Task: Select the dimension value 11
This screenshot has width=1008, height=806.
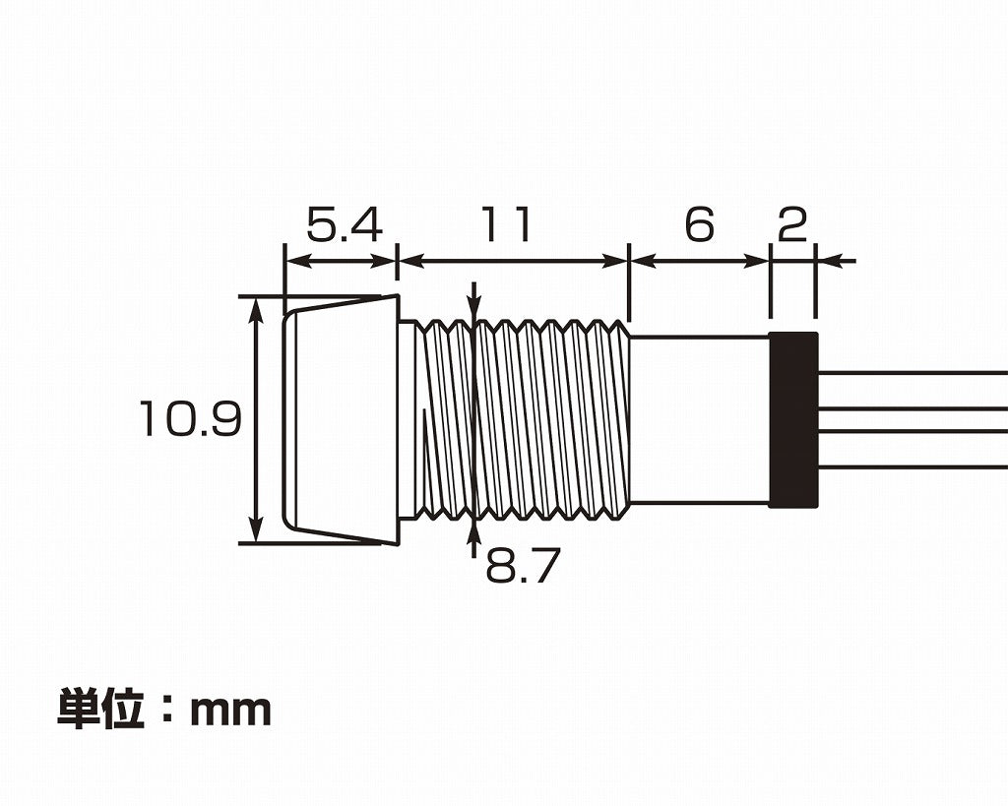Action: coord(506,225)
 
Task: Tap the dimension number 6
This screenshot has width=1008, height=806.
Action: coord(698,226)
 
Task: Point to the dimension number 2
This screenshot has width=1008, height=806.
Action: coord(792,226)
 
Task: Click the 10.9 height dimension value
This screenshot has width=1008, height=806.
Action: coord(190,419)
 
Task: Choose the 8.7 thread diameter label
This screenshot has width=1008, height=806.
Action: coord(523,567)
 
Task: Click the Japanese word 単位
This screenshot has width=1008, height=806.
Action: coord(101,709)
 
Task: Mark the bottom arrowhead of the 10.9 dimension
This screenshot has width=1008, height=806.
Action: coord(257,531)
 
